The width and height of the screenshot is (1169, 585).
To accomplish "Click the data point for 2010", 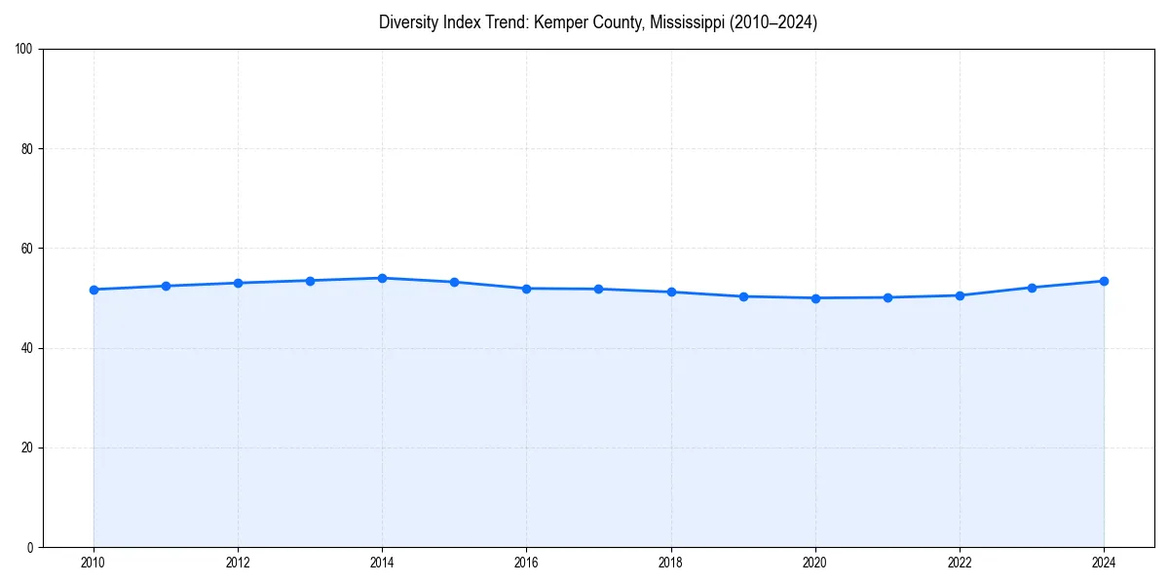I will pyautogui.click(x=94, y=290).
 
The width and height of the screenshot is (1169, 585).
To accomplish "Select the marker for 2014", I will pyautogui.click(x=382, y=278).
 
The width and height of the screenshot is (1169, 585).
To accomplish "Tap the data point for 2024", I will pyautogui.click(x=1104, y=281).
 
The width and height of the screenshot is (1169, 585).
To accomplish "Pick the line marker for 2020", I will pyautogui.click(x=815, y=298).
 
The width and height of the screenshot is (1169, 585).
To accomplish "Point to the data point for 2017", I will pyautogui.click(x=598, y=289).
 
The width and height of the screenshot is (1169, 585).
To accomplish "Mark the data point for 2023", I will pyautogui.click(x=1032, y=288).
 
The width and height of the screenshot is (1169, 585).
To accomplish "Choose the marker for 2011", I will pyautogui.click(x=166, y=286).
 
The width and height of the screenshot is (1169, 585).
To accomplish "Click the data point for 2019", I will pyautogui.click(x=743, y=296).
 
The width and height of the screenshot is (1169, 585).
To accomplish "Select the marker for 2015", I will pyautogui.click(x=454, y=282).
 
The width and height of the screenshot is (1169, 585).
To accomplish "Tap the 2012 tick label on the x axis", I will pyautogui.click(x=238, y=562).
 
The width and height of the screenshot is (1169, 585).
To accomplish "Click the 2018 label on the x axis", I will pyautogui.click(x=670, y=562).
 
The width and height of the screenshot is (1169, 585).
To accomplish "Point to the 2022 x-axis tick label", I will pyautogui.click(x=960, y=562).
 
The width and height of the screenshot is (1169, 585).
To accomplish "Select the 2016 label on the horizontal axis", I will pyautogui.click(x=526, y=562).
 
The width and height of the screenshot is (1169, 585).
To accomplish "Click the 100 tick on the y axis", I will pyautogui.click(x=25, y=50).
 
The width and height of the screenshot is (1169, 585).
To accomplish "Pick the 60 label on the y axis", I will pyautogui.click(x=28, y=249).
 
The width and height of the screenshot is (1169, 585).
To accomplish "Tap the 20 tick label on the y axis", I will pyautogui.click(x=28, y=448).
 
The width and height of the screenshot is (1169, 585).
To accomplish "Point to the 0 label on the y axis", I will pyautogui.click(x=31, y=547).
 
